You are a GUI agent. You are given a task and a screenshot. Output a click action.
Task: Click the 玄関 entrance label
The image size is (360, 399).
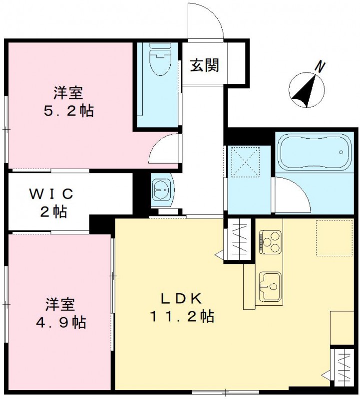pyautogui.click(x=205, y=65)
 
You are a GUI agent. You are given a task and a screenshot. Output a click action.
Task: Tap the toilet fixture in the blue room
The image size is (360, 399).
pyautogui.click(x=160, y=59)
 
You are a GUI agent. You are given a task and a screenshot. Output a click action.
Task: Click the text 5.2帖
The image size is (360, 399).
pyautogui.click(x=68, y=111)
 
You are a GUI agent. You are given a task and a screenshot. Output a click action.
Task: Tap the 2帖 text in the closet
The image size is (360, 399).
pyautogui.click(x=53, y=211)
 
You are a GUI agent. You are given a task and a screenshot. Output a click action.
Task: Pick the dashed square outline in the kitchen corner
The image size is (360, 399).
pyautogui.click(x=334, y=237)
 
